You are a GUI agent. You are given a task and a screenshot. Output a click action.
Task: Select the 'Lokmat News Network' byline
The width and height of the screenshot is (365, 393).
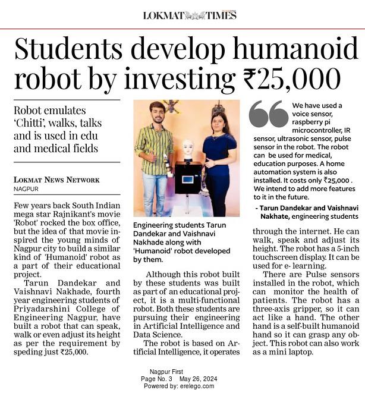coord(56,180)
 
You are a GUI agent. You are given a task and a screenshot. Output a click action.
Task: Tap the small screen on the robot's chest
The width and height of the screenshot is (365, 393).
coord(187,179)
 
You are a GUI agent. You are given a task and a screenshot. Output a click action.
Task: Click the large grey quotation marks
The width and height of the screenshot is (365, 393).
coord(268,114)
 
